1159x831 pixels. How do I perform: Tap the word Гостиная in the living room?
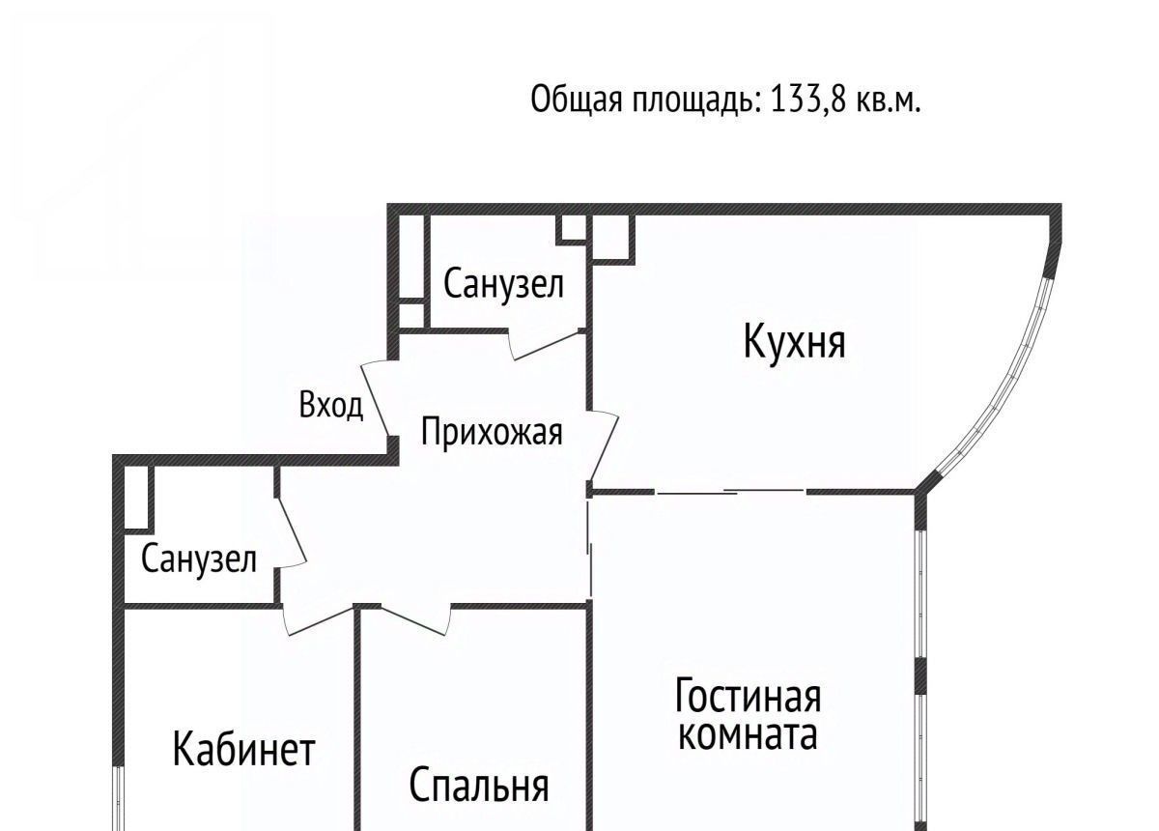(x=749, y=696)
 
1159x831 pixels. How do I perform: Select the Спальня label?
(x=479, y=786)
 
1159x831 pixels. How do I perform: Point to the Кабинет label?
(x=243, y=750)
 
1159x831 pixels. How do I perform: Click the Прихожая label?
(x=492, y=432)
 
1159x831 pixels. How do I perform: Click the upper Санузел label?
(x=503, y=283)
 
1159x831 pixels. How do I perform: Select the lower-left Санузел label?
(x=199, y=559)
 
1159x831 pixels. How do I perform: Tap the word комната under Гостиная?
(x=749, y=735)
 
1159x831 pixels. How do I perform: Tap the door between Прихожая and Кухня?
(x=604, y=446)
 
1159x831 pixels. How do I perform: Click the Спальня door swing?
(x=414, y=619)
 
